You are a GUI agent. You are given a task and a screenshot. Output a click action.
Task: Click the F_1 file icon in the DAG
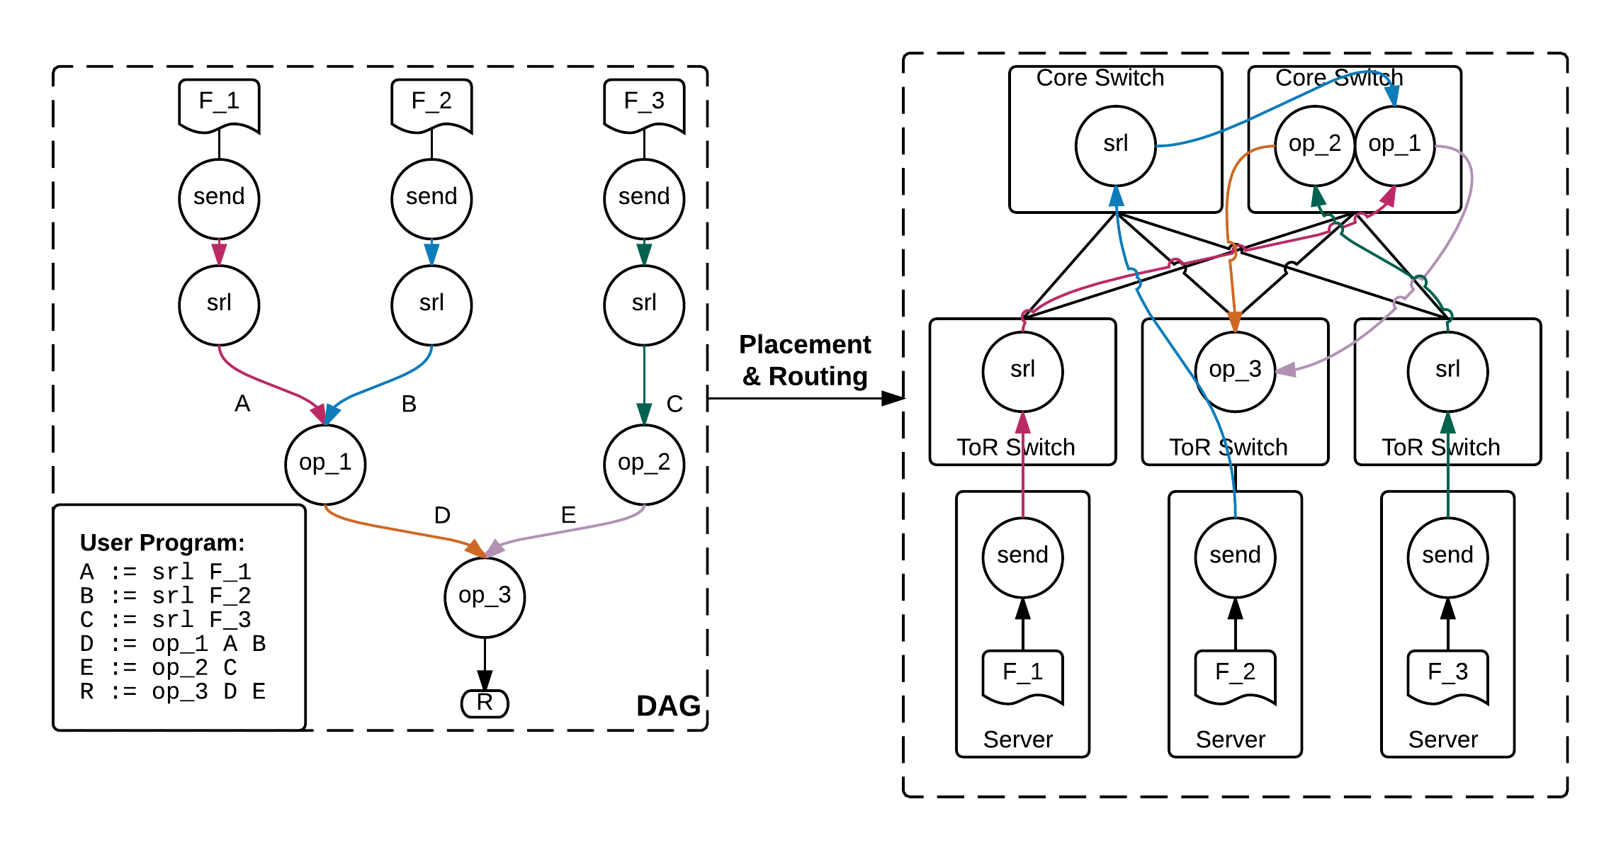[219, 105]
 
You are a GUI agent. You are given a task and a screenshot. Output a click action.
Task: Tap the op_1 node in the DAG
[325, 464]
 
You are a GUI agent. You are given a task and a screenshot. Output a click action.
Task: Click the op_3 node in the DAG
[485, 597]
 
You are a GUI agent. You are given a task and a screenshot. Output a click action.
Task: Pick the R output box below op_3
[485, 703]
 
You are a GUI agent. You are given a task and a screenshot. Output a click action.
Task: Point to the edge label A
[242, 404]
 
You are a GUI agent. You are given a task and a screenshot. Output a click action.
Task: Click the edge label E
[568, 515]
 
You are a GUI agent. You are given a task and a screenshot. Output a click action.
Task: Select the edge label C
[674, 404]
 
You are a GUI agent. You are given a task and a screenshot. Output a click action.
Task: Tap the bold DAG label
[668, 706]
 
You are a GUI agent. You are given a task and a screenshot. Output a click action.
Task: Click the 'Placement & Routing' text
[805, 360]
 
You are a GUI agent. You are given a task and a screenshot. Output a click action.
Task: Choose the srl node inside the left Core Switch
[1116, 145]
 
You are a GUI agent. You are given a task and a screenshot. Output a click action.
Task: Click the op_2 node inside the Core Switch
[1315, 145]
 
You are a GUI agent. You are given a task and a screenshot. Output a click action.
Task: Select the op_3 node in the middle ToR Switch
[1235, 371]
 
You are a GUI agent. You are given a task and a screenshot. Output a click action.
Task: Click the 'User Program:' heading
[162, 543]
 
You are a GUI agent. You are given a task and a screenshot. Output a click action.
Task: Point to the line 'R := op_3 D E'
[173, 691]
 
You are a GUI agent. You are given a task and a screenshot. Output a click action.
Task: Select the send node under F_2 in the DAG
[431, 198]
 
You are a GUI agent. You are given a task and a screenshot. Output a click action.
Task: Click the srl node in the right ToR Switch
[1447, 371]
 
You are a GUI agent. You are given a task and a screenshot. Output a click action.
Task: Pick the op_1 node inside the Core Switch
[1395, 145]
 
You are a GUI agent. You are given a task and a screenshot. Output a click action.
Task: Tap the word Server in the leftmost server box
[1018, 739]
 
